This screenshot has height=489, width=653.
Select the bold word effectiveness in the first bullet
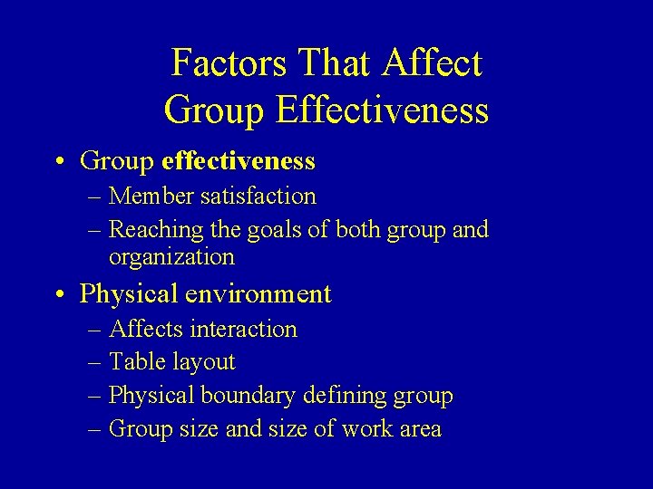click(238, 161)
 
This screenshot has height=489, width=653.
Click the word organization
click(171, 257)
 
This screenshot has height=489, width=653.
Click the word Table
click(132, 362)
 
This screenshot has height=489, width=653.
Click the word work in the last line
click(371, 428)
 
